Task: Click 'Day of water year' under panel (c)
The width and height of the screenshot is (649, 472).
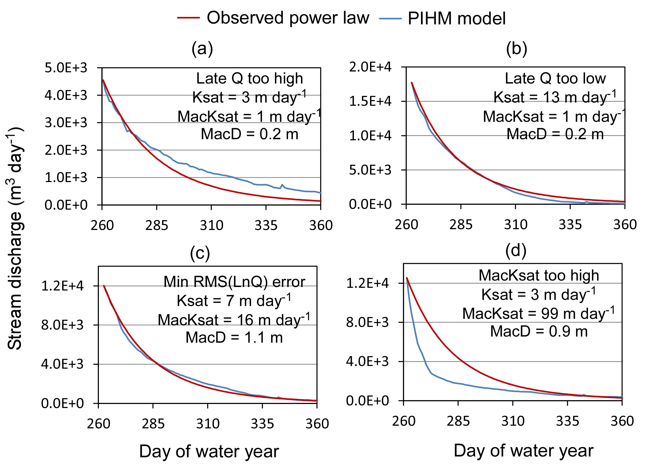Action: point(209,452)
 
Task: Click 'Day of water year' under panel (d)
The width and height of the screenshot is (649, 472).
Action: point(523,451)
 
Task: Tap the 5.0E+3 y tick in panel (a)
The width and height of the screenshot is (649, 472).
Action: point(66,68)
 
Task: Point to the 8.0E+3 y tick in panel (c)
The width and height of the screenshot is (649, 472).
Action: point(62,325)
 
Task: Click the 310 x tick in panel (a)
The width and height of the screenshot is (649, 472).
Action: point(211,225)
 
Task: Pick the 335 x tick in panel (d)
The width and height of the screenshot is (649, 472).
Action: point(567,421)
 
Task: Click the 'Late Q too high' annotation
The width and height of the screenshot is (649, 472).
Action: point(249,78)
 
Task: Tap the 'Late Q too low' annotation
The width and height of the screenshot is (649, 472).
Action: point(555,78)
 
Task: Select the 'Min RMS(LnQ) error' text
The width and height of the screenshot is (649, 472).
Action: point(234,282)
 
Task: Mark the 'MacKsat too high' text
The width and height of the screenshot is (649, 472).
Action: point(539,275)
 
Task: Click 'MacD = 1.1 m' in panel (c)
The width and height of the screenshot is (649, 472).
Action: point(234,337)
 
